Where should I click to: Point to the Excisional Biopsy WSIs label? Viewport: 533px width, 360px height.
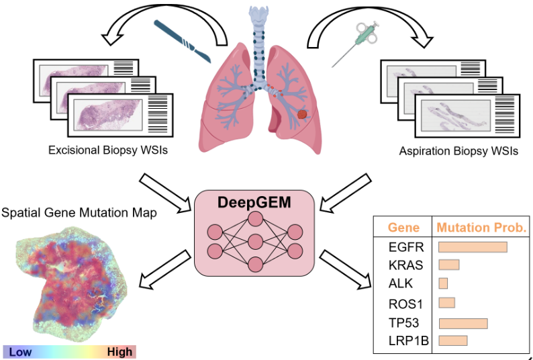(107, 150)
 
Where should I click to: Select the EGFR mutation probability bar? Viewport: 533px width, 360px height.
(472, 247)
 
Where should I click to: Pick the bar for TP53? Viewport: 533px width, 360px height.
(463, 324)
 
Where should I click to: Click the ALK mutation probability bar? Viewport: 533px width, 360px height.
(443, 283)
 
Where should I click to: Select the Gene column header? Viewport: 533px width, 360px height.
(403, 228)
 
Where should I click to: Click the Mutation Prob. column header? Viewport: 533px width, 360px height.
(481, 228)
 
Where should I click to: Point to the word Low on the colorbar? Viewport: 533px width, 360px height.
(20, 351)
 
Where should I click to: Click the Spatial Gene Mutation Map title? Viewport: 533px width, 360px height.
(80, 213)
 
